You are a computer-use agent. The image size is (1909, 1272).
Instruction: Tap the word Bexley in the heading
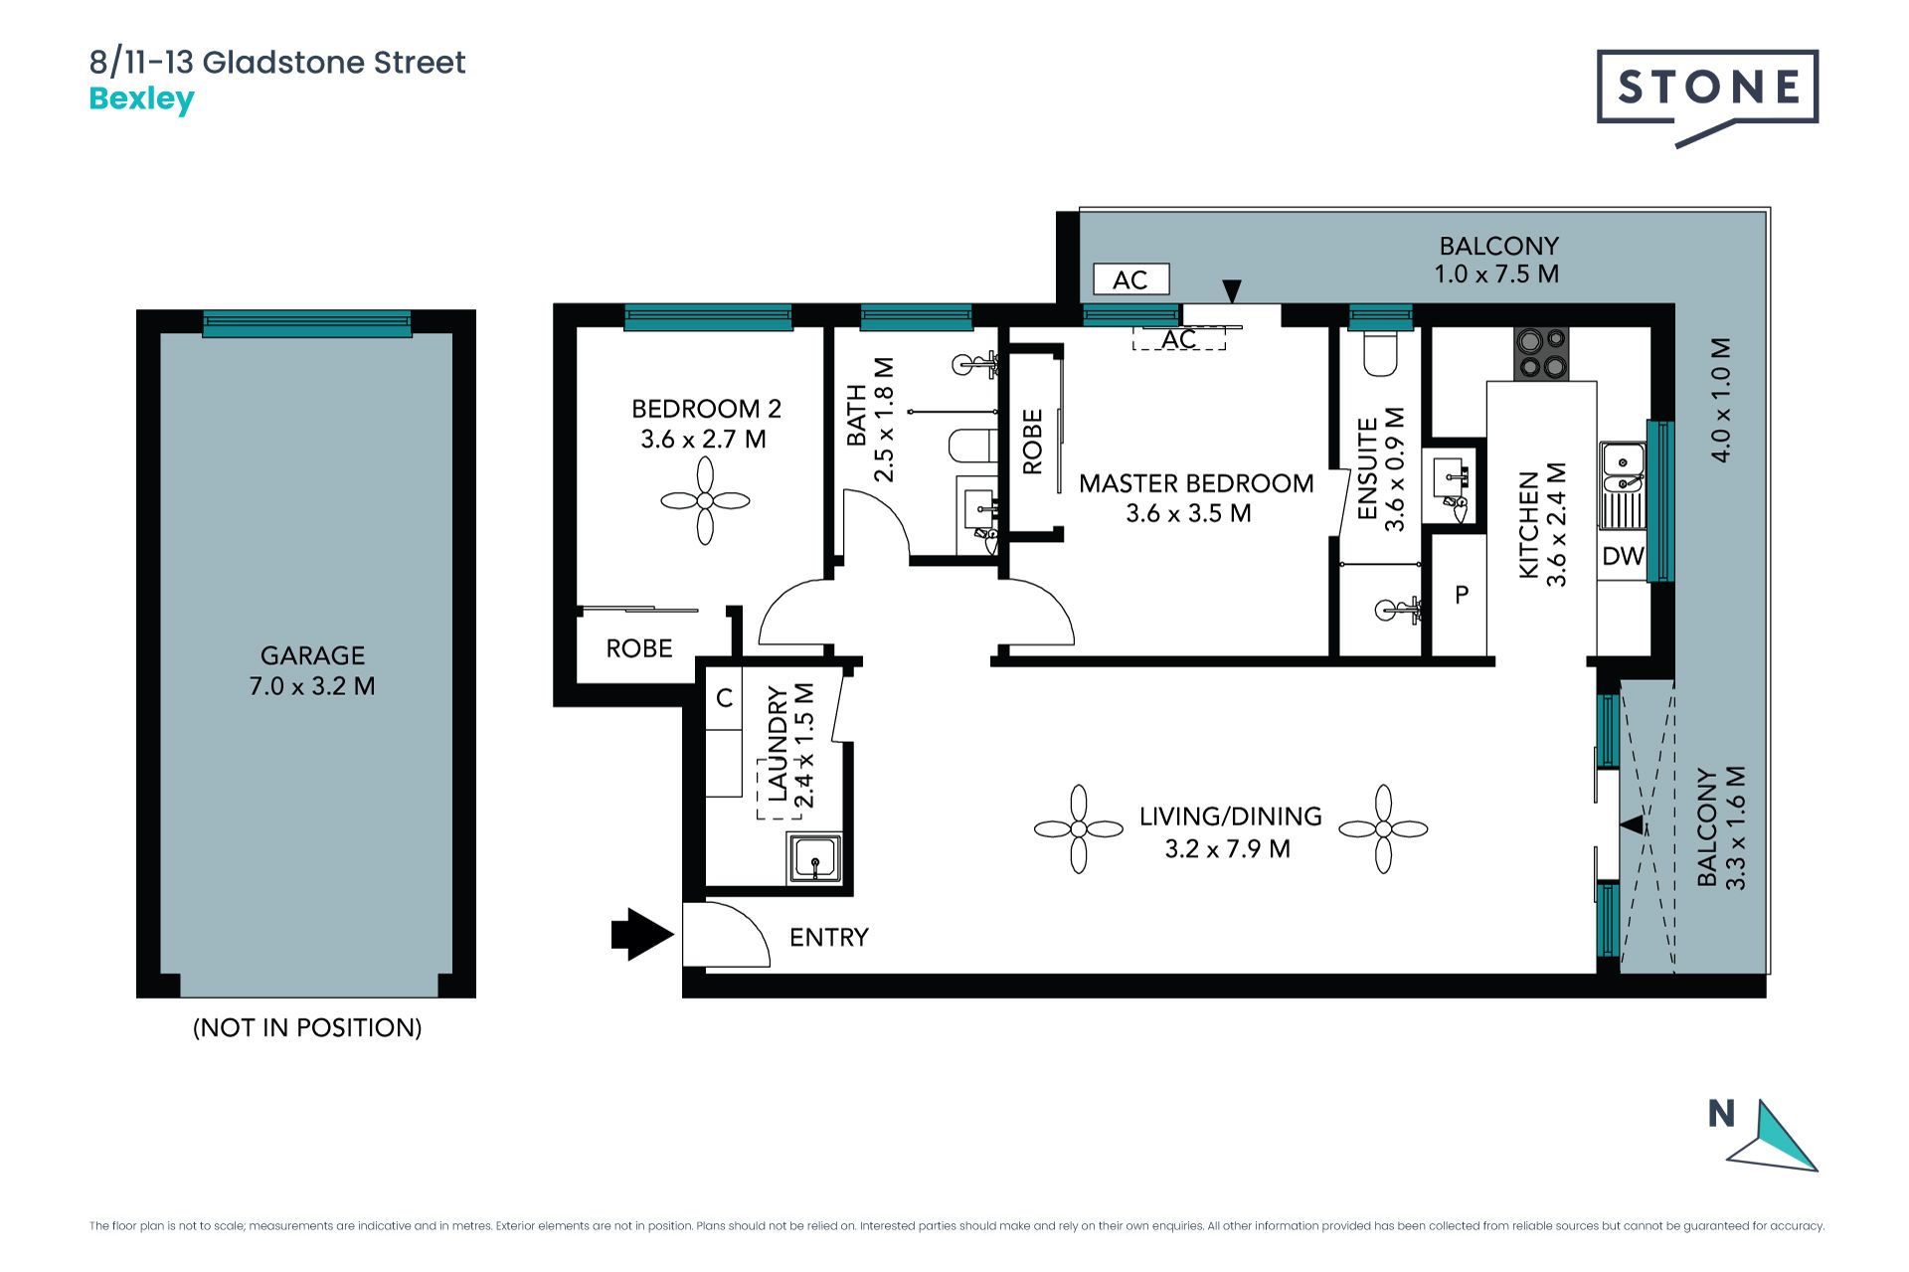tap(141, 99)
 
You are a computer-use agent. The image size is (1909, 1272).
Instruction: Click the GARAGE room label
tap(312, 655)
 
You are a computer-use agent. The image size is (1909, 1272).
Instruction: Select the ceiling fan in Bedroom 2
tap(705, 500)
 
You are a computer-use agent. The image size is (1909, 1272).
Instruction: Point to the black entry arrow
tap(642, 935)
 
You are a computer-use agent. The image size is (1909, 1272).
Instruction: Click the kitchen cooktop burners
tap(1541, 354)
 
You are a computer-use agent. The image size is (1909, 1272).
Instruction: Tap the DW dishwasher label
tap(1623, 556)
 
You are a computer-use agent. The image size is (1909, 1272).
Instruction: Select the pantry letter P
tap(1462, 595)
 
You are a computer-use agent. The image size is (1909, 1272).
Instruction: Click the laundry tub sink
tap(815, 858)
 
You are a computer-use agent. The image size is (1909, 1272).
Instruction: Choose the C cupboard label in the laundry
tap(725, 698)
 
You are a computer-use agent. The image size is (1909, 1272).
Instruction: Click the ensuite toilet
tap(1380, 353)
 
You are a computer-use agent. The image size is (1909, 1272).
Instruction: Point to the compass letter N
tap(1721, 1114)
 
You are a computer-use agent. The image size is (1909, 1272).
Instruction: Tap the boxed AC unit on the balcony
tap(1130, 279)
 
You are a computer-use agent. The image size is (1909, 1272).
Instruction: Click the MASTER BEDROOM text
tap(1196, 483)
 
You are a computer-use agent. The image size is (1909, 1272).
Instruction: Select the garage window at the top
tap(307, 322)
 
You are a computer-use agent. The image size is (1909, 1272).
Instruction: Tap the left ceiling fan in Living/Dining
tap(1079, 828)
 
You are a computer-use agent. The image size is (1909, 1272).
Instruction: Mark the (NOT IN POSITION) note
tap(307, 1027)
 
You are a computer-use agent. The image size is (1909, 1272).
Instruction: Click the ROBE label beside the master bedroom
tap(1032, 442)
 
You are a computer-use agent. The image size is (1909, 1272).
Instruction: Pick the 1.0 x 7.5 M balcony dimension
tap(1496, 274)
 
